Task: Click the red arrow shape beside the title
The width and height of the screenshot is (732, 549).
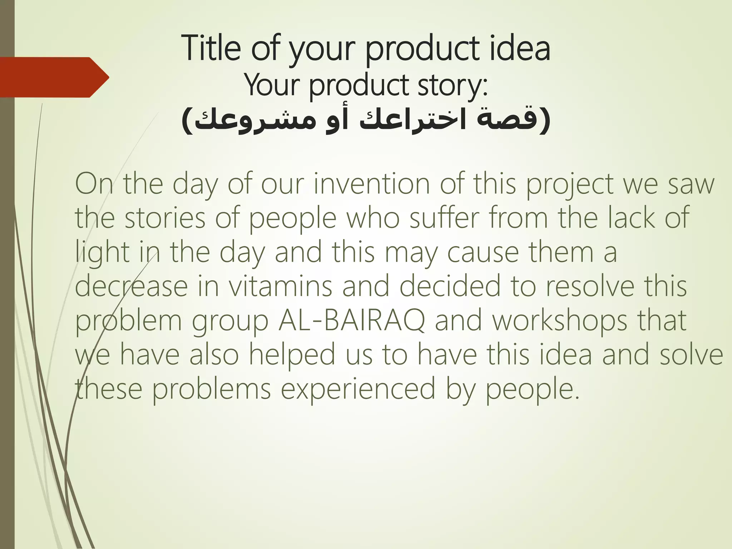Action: point(54,77)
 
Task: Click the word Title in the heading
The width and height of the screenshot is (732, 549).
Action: point(211,48)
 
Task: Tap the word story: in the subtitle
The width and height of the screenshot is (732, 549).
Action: point(452,86)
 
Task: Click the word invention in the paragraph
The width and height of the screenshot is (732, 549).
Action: point(372,184)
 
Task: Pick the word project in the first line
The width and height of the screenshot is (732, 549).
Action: point(570,184)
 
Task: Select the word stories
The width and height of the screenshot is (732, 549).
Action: point(165,218)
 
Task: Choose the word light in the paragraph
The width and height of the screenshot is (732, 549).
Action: point(102,252)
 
